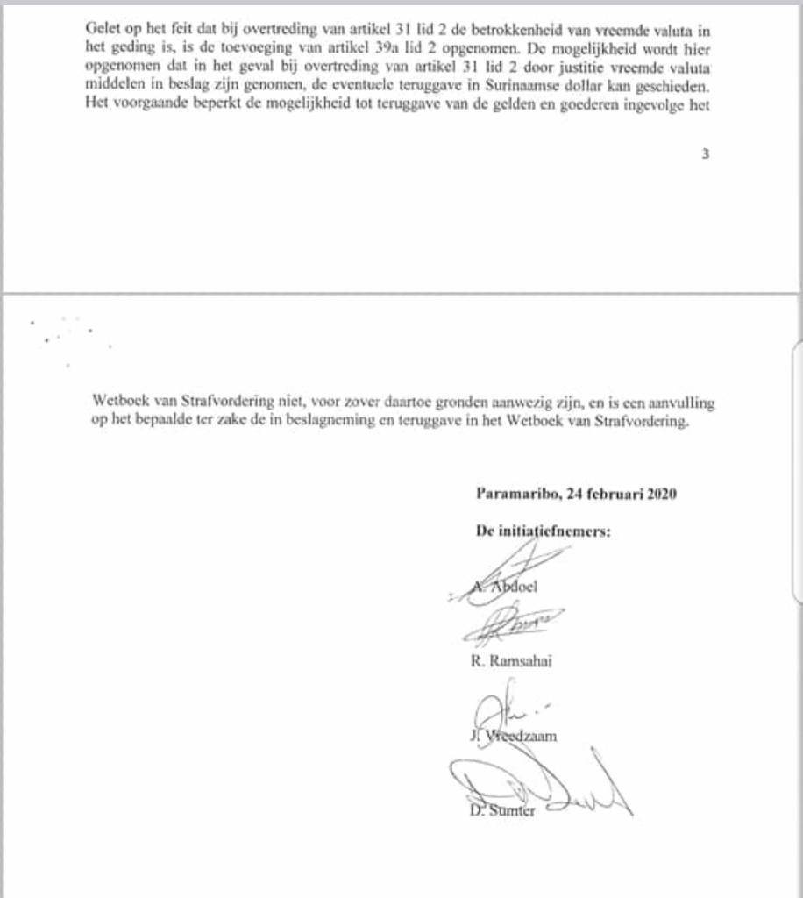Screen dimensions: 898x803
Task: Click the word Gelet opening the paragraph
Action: [x=105, y=27]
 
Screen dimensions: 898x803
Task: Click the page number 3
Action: [x=705, y=153]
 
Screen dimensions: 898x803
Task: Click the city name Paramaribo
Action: [x=515, y=493]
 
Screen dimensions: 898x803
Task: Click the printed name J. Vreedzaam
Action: [x=514, y=736]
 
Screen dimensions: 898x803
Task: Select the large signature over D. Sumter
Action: [x=535, y=785]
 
